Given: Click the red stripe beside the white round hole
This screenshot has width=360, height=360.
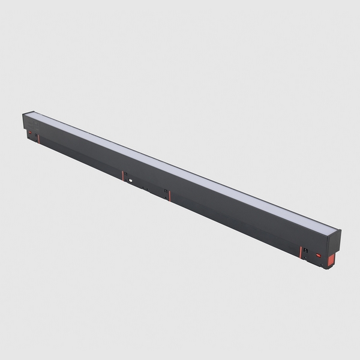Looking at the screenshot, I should point(123,176).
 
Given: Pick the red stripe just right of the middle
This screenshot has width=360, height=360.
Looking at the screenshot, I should point(170,195).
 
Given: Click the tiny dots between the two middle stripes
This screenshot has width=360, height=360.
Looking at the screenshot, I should point(146,188).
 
